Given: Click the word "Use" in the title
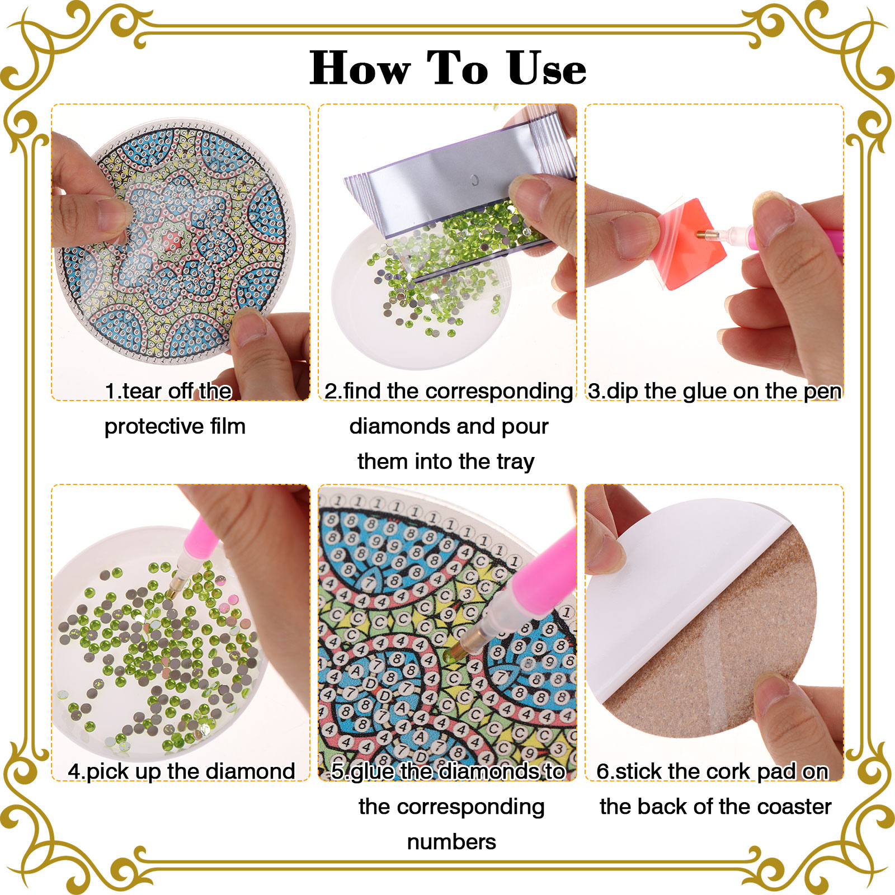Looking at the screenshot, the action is (547, 68).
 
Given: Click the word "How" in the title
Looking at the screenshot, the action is (360, 68).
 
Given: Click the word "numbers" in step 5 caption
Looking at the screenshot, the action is (451, 842).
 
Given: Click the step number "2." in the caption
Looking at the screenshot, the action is (333, 392).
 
